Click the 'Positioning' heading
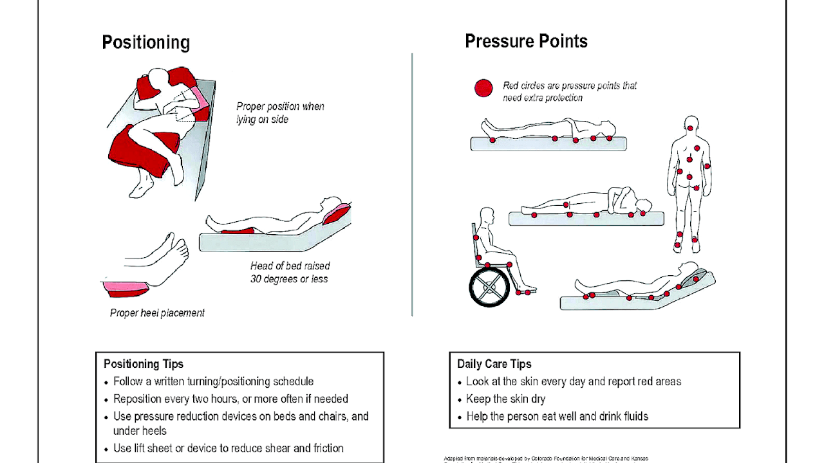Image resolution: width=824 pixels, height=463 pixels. pyautogui.click(x=145, y=43)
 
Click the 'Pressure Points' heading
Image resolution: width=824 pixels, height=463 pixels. pyautogui.click(x=526, y=41)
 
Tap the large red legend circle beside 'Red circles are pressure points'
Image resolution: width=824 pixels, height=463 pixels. pyautogui.click(x=483, y=89)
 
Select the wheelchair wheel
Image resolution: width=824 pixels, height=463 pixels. pyautogui.click(x=490, y=287)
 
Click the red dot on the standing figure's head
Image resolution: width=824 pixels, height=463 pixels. pyautogui.click(x=691, y=129)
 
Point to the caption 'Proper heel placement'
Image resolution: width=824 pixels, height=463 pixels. pyautogui.click(x=157, y=313)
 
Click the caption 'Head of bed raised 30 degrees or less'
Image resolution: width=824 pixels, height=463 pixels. pyautogui.click(x=289, y=273)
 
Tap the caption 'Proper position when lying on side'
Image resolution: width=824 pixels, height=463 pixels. pyautogui.click(x=280, y=113)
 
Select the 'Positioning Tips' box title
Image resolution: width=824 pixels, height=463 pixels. pyautogui.click(x=144, y=364)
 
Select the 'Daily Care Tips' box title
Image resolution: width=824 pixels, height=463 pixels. pyautogui.click(x=494, y=364)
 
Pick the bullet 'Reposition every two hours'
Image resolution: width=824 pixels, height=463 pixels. pyautogui.click(x=230, y=399)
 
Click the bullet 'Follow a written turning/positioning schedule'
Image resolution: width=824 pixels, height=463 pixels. pyautogui.click(x=213, y=381)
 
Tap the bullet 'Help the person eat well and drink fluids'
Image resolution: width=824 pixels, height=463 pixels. pyautogui.click(x=557, y=416)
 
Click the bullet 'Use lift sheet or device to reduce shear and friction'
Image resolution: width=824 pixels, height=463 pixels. pyautogui.click(x=228, y=448)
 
